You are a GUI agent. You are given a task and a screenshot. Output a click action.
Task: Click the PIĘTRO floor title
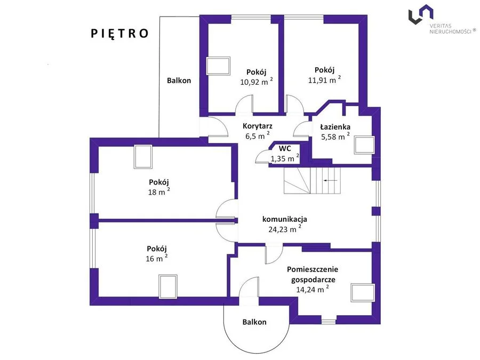119,34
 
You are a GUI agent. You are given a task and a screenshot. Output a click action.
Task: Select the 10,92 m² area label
256,82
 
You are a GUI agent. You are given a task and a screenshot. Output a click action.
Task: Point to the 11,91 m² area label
324,79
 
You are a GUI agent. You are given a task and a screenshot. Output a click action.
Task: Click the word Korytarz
258,126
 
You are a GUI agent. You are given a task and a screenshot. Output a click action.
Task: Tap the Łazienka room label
335,127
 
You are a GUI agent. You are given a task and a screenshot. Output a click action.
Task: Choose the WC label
285,148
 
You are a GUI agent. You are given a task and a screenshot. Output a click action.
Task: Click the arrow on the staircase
331,181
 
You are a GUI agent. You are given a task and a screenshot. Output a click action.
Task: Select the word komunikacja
284,219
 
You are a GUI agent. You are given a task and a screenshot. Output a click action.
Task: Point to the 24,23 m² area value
285,229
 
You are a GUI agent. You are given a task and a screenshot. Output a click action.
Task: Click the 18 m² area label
159,191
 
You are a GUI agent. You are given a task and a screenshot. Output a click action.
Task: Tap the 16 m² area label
157,258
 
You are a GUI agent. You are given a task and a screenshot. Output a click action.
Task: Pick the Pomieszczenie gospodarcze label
313,274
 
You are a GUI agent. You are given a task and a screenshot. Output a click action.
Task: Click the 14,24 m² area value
313,289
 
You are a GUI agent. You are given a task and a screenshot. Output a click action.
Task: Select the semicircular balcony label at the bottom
254,322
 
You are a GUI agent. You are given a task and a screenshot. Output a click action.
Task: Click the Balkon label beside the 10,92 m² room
179,81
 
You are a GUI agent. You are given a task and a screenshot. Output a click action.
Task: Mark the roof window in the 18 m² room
143,157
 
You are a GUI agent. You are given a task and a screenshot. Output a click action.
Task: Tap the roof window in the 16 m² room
168,286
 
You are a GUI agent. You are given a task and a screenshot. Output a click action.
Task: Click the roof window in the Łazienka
364,145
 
